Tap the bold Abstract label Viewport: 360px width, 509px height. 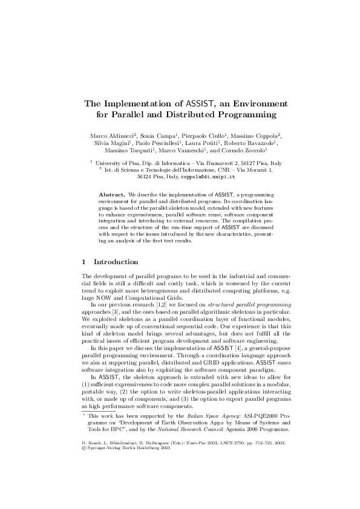(x=112, y=195)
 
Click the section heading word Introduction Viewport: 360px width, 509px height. (x=116, y=262)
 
